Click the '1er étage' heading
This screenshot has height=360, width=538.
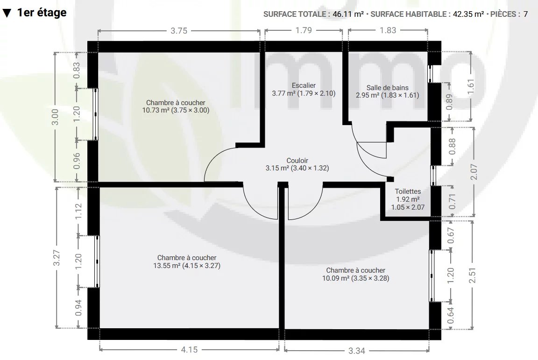click(42, 13)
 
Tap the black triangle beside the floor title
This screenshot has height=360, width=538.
click(7, 13)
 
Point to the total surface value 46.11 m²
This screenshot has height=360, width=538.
click(348, 14)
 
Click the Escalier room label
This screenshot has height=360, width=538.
click(304, 85)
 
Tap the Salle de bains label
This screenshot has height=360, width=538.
click(387, 88)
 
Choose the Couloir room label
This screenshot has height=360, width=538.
click(297, 161)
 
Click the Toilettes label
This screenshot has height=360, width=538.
click(408, 191)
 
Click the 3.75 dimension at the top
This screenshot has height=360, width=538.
click(179, 30)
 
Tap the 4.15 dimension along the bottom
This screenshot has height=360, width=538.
click(189, 349)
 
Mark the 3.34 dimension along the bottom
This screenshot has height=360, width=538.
click(356, 350)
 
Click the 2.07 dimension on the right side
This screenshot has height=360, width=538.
click(474, 171)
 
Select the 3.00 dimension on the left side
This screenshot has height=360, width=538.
click(55, 117)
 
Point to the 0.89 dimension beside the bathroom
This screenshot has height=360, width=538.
click(449, 102)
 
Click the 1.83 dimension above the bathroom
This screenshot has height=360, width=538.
click(388, 30)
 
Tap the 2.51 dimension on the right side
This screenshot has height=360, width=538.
click(473, 275)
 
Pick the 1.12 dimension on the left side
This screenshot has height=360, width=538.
click(78, 211)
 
